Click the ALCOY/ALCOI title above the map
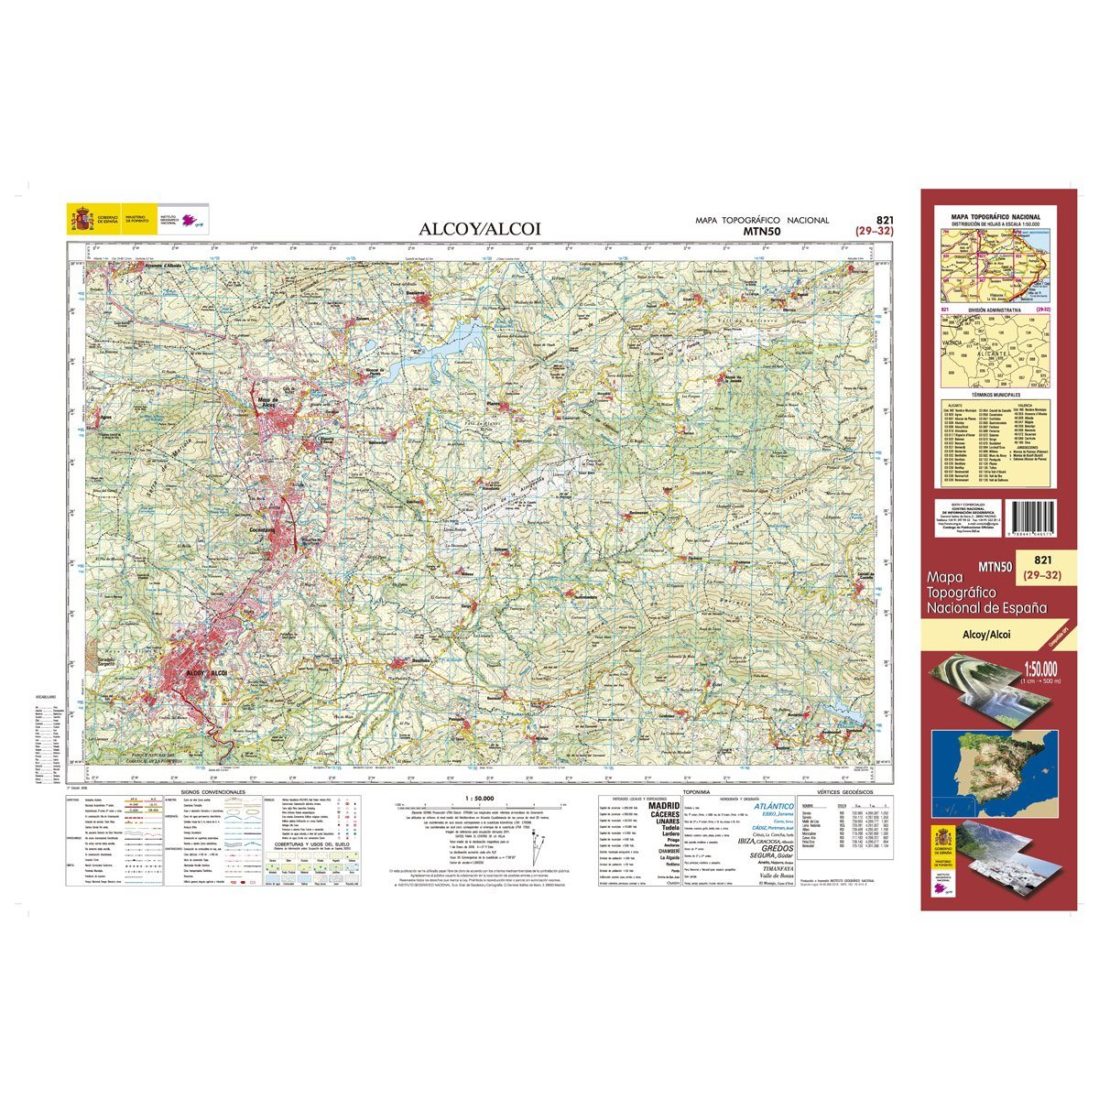pos(480,229)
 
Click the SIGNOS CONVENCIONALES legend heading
pos(213,790)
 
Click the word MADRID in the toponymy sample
pos(664,806)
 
